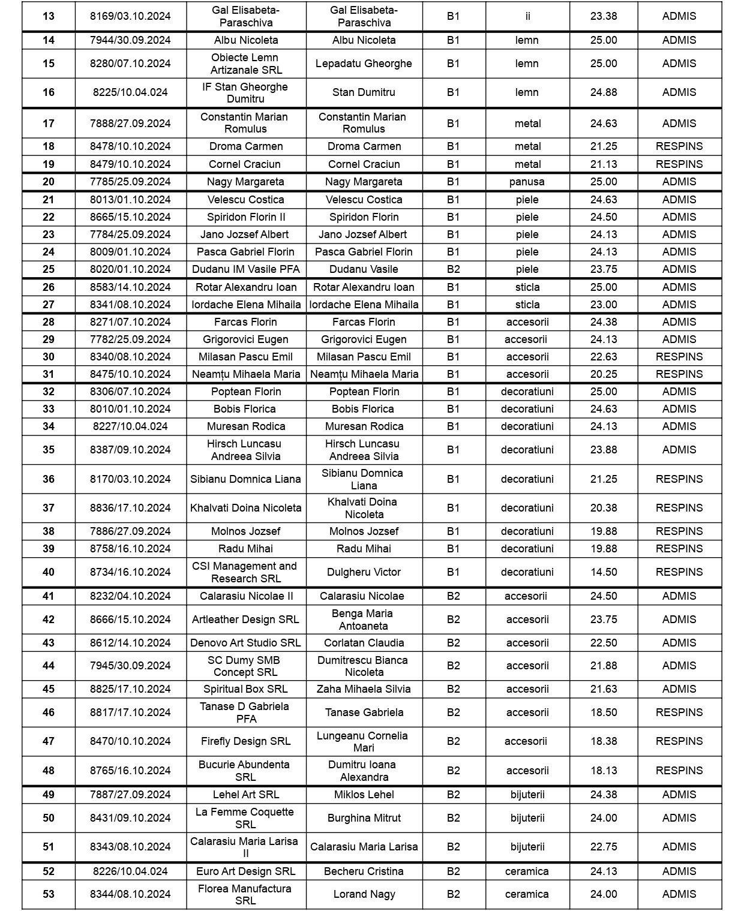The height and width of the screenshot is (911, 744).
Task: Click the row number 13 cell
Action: [x=49, y=16]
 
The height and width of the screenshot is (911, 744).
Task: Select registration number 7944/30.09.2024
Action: [x=130, y=40]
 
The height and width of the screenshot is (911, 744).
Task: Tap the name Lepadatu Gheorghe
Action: [x=364, y=64]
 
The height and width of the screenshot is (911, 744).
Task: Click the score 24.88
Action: [x=603, y=92]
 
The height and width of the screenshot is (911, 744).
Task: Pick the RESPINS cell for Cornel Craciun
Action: [x=679, y=164]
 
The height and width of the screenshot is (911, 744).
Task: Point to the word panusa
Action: [x=527, y=182]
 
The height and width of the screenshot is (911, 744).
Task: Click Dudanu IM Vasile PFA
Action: [x=246, y=269]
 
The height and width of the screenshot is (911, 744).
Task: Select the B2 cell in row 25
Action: [x=453, y=269]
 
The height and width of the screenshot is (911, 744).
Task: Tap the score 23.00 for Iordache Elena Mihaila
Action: [x=603, y=305]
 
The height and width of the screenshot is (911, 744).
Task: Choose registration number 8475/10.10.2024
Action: [x=130, y=374]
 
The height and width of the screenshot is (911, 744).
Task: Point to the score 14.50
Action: [x=603, y=572]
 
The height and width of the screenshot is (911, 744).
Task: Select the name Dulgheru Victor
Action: [x=364, y=572]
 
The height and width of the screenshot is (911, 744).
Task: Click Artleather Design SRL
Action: [x=245, y=620]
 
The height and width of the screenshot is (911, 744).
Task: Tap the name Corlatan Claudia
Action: [x=364, y=643]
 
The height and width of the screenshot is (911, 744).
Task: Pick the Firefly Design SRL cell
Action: [x=245, y=741]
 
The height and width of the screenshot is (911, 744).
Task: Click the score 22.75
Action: [x=603, y=847]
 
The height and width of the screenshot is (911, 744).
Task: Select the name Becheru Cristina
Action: [x=364, y=871]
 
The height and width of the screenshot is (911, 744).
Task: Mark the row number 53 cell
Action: [x=49, y=894]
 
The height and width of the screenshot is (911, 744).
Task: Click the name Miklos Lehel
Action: [x=364, y=795]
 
